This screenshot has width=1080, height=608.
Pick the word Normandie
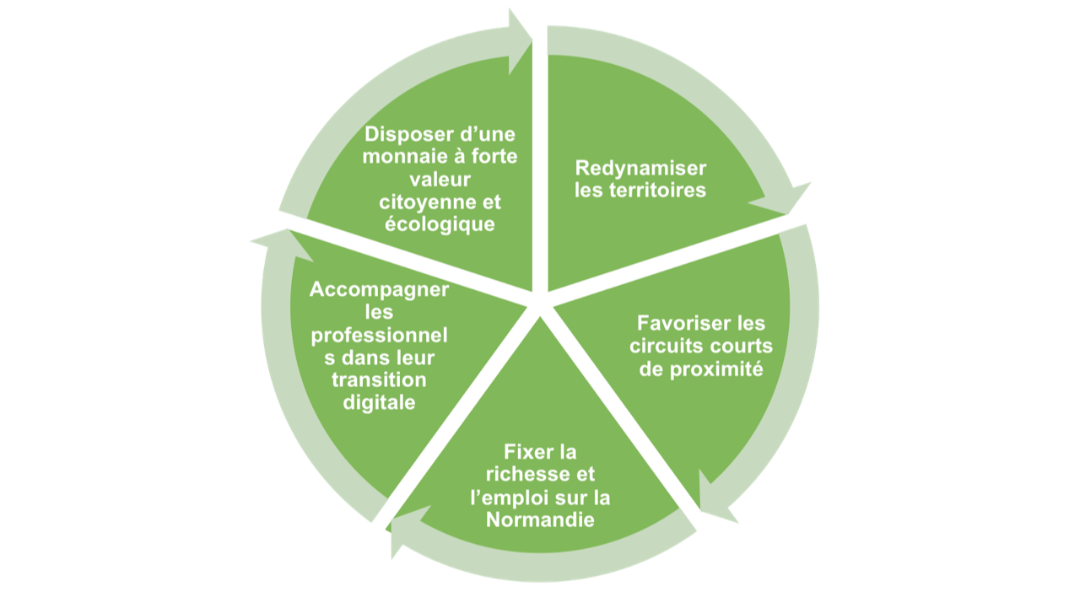pyautogui.click(x=540, y=519)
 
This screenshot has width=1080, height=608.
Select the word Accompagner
pyautogui.click(x=379, y=289)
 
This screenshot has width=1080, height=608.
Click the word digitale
pyautogui.click(x=380, y=402)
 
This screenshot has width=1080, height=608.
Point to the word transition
pyautogui.click(x=379, y=379)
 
